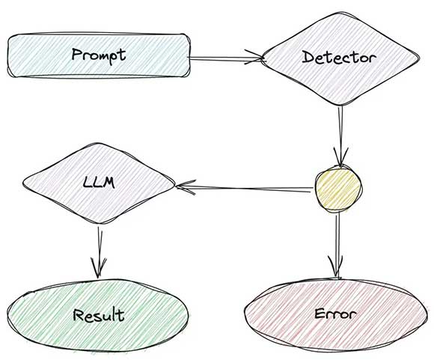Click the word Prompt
[x=99, y=55]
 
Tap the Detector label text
[x=339, y=58]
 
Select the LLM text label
[x=99, y=183]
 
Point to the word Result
[x=99, y=314]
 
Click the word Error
[x=335, y=314]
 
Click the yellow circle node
[x=338, y=189]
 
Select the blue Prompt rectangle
[x=99, y=55]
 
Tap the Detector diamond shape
[x=340, y=58]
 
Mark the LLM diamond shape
[x=99, y=183]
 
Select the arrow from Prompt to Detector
[x=226, y=58]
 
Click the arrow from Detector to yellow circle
[x=340, y=136]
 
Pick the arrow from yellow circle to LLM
[x=244, y=188]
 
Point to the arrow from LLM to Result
[x=99, y=252]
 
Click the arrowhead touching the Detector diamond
[x=255, y=58]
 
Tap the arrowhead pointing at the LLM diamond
[x=186, y=187]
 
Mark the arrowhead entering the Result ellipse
[x=99, y=267]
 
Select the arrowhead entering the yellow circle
[x=340, y=156]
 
